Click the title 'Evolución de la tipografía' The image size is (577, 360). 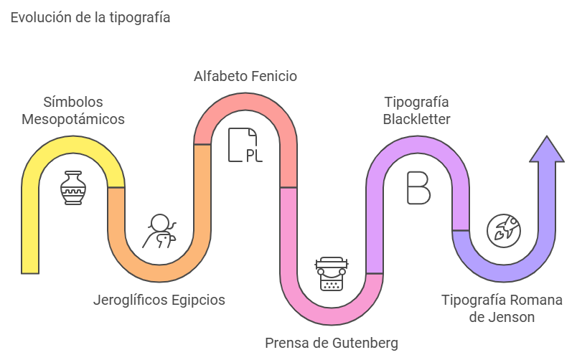point(90,18)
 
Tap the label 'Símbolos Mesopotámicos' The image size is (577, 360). point(72,110)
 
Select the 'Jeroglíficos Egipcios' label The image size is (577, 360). point(159,300)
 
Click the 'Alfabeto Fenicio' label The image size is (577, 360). point(245,76)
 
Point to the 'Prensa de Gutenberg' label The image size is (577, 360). point(332,342)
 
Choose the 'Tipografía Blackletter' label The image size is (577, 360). point(416,110)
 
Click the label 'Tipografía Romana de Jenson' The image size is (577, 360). point(502,308)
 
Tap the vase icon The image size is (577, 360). point(72,188)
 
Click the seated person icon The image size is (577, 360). point(159,232)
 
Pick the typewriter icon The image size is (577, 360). point(331,273)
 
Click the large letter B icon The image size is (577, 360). point(418,188)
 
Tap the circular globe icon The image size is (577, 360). point(504,229)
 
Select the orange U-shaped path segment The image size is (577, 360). point(159,265)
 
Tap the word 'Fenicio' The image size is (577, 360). point(273,76)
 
